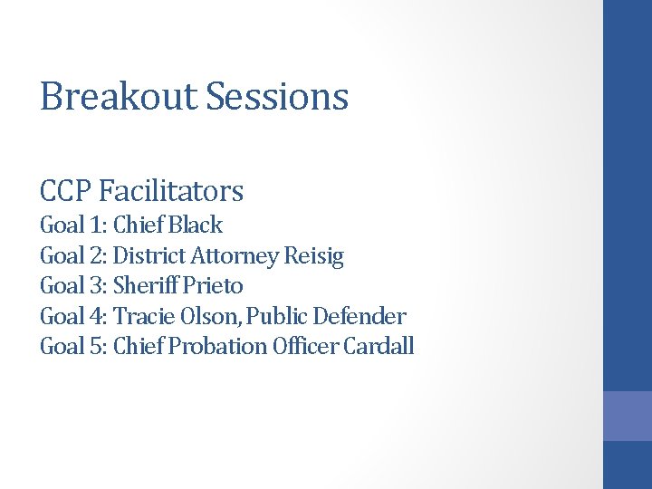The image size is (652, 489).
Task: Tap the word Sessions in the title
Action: click(277, 96)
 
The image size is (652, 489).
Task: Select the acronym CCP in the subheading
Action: click(66, 191)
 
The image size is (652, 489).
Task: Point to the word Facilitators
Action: click(172, 191)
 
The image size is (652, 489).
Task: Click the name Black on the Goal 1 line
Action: click(196, 225)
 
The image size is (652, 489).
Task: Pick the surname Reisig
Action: click(314, 256)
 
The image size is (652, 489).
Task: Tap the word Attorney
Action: click(235, 256)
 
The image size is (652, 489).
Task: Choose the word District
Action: click(149, 256)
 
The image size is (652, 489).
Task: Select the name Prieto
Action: click(214, 286)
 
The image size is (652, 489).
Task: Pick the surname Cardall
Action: click(379, 347)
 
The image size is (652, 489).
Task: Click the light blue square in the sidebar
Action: click(628, 416)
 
